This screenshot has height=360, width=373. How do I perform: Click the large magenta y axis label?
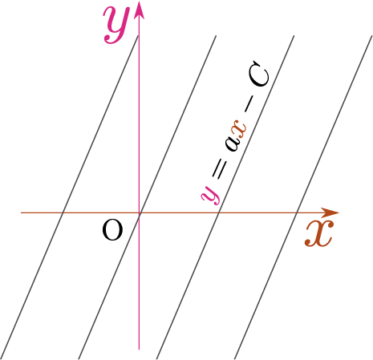(116, 26)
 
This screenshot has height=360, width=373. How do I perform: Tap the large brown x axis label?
(319, 233)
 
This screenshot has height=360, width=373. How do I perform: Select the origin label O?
(112, 230)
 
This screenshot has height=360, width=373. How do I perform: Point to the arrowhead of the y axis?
(139, 10)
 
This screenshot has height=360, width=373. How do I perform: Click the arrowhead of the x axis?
(330, 212)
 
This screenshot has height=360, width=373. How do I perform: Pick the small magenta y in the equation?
(211, 195)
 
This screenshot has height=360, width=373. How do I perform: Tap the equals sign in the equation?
(220, 169)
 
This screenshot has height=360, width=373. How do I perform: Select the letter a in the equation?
(231, 144)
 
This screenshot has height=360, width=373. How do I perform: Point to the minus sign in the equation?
(249, 106)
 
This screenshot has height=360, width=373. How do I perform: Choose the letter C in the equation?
(258, 74)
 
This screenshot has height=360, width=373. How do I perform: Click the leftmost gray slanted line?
(69, 197)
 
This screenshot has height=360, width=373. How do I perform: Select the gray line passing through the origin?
(147, 197)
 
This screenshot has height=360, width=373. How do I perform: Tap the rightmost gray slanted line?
(303, 197)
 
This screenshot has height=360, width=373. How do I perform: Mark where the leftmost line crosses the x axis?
(63, 212)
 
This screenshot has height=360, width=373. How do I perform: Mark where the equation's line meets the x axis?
(219, 212)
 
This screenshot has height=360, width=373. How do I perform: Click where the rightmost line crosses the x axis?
(297, 212)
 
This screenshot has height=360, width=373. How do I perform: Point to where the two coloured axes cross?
(139, 212)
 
